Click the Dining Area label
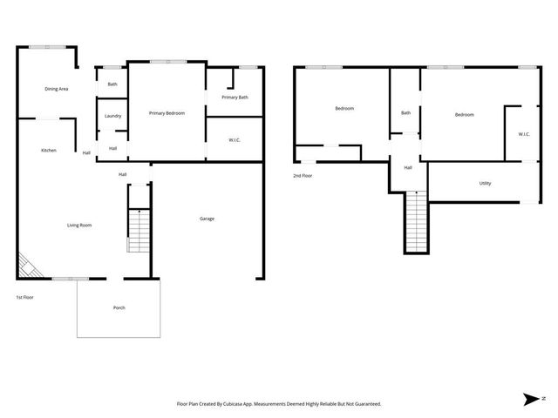(57, 89)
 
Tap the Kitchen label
(49, 151)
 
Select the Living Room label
(79, 226)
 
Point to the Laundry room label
(112, 116)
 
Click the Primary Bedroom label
(166, 113)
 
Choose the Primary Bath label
(235, 98)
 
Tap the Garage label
(207, 219)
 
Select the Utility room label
(485, 184)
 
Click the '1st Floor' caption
(25, 298)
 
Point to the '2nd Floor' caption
(303, 176)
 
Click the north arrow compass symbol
(533, 398)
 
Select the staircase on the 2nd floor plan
(417, 222)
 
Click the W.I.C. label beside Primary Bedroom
(235, 139)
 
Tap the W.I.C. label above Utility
(523, 134)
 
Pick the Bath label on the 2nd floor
(405, 113)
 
